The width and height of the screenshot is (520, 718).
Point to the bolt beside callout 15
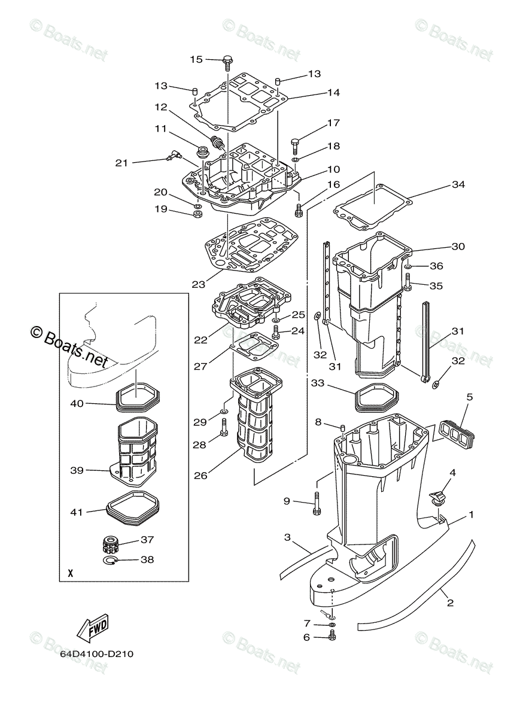[227, 62]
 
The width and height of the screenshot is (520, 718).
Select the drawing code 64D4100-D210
[96, 654]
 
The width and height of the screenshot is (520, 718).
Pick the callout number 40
[77, 403]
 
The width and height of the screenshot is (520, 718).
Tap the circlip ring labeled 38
[111, 561]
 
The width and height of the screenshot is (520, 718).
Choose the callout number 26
[202, 476]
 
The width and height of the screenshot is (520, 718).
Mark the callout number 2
[450, 604]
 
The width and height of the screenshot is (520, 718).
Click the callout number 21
[122, 162]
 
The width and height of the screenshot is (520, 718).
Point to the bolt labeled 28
[224, 427]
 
